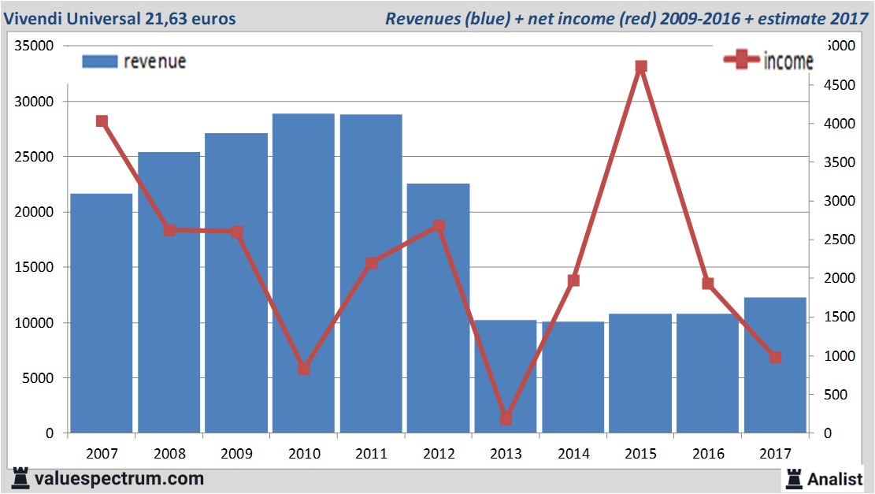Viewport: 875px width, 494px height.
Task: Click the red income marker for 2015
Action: coord(641,67)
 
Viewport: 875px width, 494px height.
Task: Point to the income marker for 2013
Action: coord(506,419)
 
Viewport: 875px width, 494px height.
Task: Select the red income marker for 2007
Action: coord(102,121)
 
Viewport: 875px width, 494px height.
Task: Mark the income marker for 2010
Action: coord(304,369)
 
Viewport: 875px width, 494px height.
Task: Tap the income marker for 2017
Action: coord(775,358)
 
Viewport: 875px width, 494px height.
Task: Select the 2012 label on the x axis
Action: coord(439,455)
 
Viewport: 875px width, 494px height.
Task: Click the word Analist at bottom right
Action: coord(836,479)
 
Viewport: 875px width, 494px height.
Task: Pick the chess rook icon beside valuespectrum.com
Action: coord(20,478)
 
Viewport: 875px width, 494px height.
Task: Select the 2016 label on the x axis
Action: coord(707,455)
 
